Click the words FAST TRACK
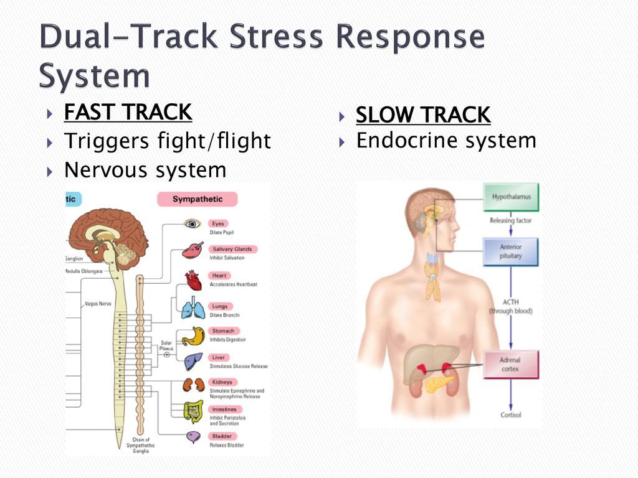click(x=128, y=113)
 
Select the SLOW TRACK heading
click(x=423, y=115)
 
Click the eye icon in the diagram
click(x=191, y=224)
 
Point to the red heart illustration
click(x=193, y=280)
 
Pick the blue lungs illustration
click(x=193, y=308)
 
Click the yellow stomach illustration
click(x=193, y=336)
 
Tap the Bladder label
click(x=222, y=436)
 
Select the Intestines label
click(x=224, y=409)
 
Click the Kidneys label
click(x=222, y=382)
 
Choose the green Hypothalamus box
click(x=511, y=197)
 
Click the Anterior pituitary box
click(x=511, y=251)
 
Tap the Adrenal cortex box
click(x=510, y=364)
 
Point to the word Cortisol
click(x=510, y=415)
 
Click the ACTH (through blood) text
click(x=510, y=306)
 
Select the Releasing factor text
click(x=510, y=220)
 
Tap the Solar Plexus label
click(x=166, y=346)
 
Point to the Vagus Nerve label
click(x=97, y=304)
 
